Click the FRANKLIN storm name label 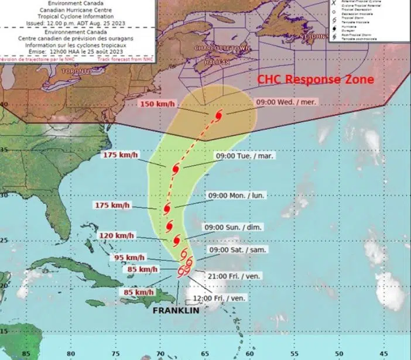(175, 311)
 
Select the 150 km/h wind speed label (157, 104)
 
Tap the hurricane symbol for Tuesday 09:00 (176, 169)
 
